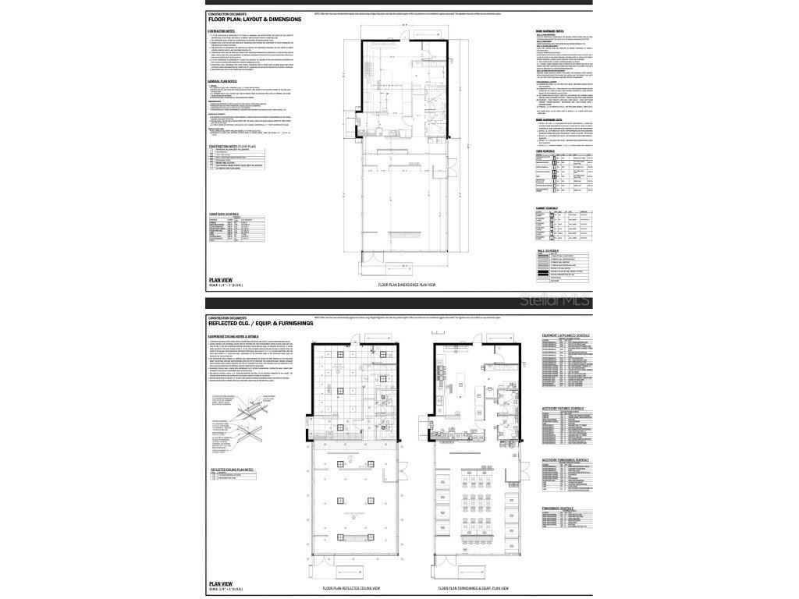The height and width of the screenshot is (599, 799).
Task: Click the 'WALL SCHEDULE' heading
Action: (548, 250)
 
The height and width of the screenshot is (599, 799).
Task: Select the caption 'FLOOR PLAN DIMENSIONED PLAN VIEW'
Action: (406, 286)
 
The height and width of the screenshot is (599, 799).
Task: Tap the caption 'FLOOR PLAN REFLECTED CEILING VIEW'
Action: (351, 588)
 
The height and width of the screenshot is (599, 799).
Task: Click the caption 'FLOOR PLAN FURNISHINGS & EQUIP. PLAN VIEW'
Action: (476, 588)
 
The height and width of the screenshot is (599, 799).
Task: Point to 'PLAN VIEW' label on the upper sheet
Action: (221, 279)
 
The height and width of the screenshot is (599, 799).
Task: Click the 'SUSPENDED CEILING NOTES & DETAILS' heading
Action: (239, 336)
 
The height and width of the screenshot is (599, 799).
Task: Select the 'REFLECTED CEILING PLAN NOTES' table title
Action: (233, 470)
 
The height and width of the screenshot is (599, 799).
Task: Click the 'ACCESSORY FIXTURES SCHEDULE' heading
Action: (563, 408)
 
